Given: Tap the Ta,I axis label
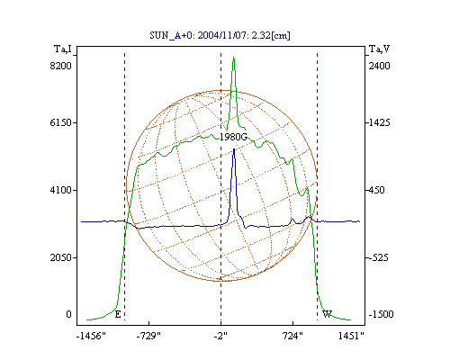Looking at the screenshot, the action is [63, 49].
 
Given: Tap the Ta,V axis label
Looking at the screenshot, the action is [379, 49].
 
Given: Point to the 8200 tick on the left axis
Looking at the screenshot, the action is [61, 66].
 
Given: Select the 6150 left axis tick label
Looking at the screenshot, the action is [61, 122].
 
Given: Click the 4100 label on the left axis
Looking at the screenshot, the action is [61, 190].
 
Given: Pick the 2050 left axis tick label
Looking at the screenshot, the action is [61, 257].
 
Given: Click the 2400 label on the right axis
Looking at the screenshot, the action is [379, 66].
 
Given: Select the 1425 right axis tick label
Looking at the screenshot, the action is [379, 122].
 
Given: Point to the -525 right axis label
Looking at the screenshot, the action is [378, 257].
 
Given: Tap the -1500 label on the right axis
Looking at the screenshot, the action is [381, 314].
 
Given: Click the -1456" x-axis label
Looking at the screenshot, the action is [91, 336].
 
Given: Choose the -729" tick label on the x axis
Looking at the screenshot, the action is [148, 336].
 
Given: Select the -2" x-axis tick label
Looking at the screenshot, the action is [220, 336].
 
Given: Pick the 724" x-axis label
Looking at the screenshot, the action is [292, 336].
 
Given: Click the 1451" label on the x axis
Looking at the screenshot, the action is [351, 336].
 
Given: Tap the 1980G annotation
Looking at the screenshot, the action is [233, 137].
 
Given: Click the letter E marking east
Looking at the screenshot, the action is [118, 314].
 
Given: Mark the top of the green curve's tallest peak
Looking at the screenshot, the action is [233, 57].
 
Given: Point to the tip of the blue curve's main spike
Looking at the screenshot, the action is [234, 148].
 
